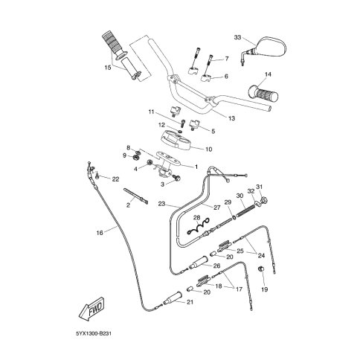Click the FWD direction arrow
coord(91,309)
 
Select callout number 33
coord(237,37)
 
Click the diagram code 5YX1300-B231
coord(94,333)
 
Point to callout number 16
coord(100,233)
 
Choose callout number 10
coord(209,150)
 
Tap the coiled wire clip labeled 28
coord(198,227)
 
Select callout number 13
coord(231,118)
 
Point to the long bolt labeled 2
coord(135,196)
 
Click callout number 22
coord(115,179)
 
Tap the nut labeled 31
coord(264,199)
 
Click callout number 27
coord(216,208)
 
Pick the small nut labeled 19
coord(261,269)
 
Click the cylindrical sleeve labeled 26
coord(199,263)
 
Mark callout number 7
coord(227,59)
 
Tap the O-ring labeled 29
coord(234,217)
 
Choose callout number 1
coord(196,167)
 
